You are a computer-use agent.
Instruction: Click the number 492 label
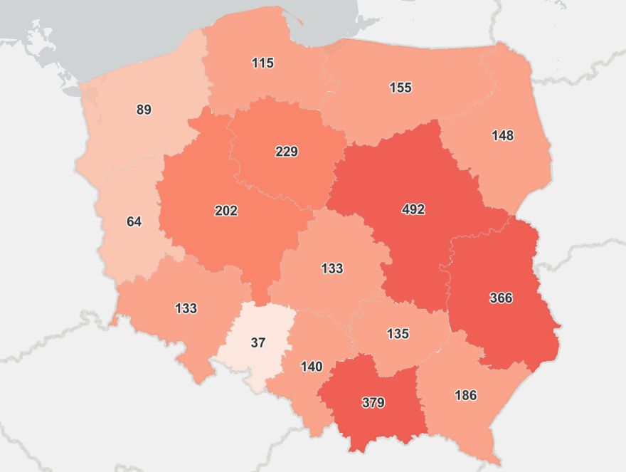(413, 209)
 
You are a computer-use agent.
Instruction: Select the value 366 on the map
(501, 298)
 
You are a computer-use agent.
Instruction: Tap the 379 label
(373, 403)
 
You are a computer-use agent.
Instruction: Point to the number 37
(258, 342)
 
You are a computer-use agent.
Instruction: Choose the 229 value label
(287, 152)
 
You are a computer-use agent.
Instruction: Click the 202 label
(226, 211)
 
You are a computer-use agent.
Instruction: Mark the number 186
(465, 395)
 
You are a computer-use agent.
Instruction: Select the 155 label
(400, 88)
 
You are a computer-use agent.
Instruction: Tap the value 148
(502, 135)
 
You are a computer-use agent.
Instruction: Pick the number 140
(312, 367)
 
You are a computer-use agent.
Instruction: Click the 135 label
(398, 333)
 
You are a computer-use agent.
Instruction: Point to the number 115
(262, 63)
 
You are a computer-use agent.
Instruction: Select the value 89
(144, 110)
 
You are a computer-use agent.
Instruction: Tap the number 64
(134, 221)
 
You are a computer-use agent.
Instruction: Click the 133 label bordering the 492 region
(332, 268)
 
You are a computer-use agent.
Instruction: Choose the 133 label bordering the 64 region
(186, 308)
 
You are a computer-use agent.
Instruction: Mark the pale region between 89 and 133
(132, 242)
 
